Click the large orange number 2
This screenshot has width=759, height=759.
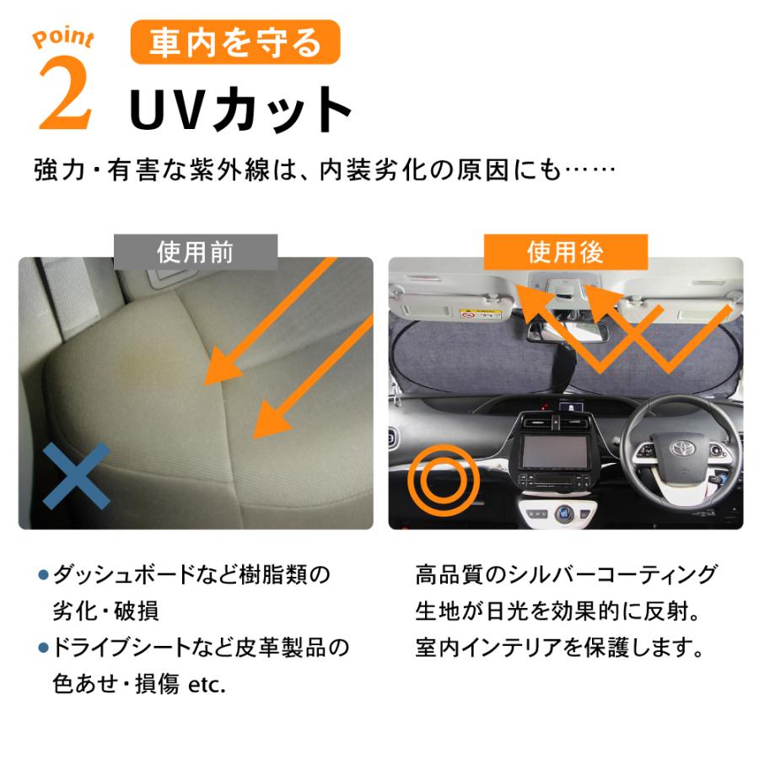64,95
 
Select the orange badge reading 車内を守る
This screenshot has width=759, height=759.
235,42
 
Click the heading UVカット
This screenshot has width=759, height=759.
240,110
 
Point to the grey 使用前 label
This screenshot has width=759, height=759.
195,251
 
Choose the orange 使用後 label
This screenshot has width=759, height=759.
565,251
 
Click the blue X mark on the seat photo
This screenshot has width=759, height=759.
77,476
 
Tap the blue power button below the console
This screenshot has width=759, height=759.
564,512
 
